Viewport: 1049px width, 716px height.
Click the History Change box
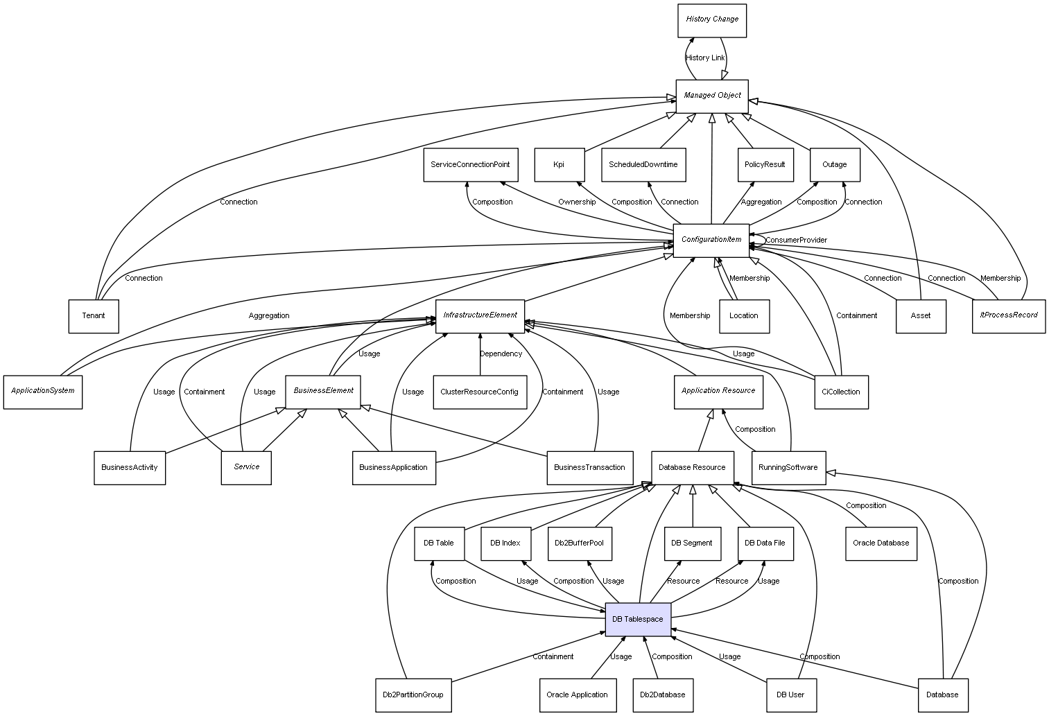click(711, 20)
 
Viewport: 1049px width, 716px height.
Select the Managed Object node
click(712, 96)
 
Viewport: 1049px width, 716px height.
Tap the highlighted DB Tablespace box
click(638, 619)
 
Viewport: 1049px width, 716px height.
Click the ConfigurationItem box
click(711, 240)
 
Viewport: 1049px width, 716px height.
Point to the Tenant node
click(94, 316)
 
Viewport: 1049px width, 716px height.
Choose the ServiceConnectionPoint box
click(470, 165)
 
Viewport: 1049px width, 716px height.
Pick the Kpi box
click(559, 165)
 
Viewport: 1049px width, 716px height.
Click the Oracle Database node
click(881, 543)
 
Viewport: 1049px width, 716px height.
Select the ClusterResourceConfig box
click(479, 392)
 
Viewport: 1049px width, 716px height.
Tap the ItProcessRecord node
click(1008, 315)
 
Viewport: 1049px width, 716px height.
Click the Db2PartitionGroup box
click(413, 695)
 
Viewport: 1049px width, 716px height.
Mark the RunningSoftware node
click(788, 467)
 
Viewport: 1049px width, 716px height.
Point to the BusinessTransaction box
click(589, 467)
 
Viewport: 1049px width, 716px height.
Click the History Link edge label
click(705, 58)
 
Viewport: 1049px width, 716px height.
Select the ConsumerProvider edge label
click(796, 240)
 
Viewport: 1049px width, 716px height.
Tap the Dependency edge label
click(501, 353)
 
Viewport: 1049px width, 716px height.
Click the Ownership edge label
click(577, 202)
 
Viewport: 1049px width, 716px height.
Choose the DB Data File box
click(765, 543)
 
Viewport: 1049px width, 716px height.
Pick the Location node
click(744, 316)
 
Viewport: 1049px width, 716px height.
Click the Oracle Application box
click(577, 695)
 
